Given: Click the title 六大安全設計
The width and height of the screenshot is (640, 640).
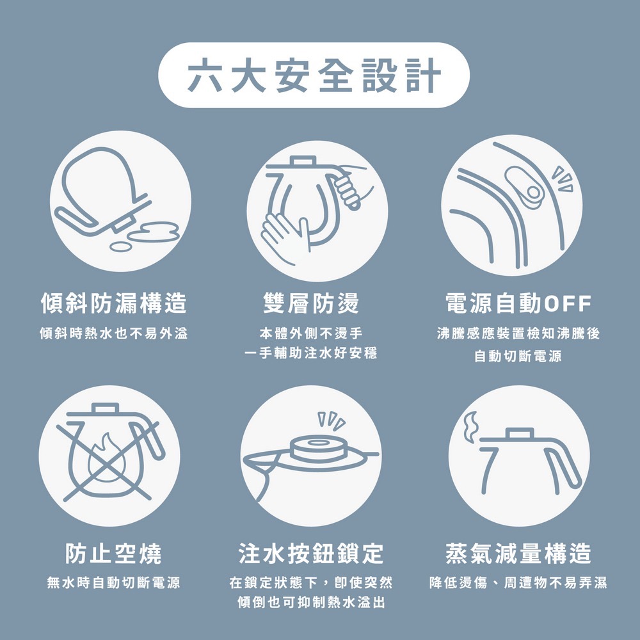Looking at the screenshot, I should click(x=314, y=75).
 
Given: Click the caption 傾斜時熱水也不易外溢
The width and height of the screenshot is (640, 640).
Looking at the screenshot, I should click(x=114, y=334).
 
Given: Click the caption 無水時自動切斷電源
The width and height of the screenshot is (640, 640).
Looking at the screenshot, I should click(x=114, y=583).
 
